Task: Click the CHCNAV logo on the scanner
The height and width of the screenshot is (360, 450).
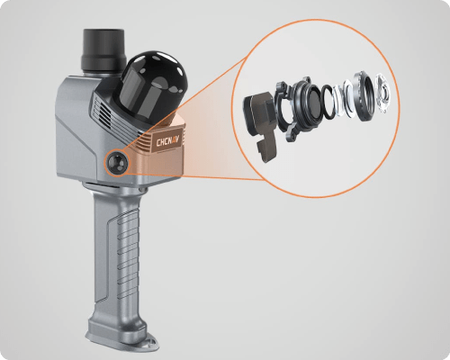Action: [169, 140]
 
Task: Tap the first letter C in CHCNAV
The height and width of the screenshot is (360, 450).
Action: [158, 142]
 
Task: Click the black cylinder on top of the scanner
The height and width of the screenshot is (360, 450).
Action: [103, 49]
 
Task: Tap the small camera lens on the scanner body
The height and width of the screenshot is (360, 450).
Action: [116, 162]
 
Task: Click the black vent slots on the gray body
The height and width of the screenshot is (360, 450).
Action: [105, 115]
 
